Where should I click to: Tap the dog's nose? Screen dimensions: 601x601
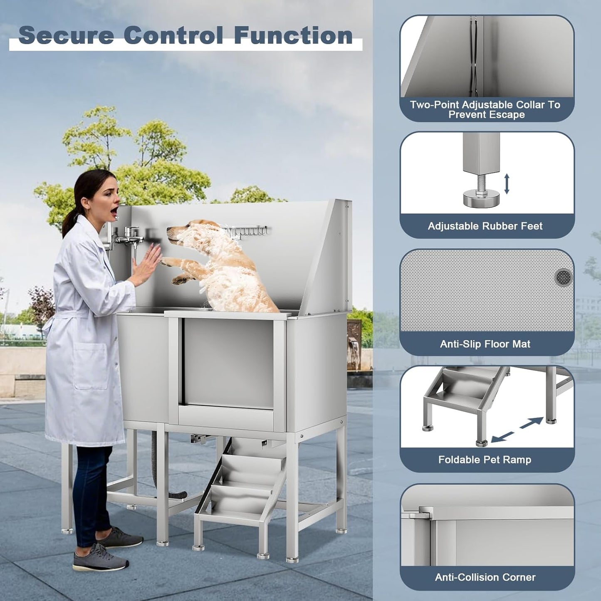coord(169,229)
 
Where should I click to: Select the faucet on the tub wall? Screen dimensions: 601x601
coord(129,238)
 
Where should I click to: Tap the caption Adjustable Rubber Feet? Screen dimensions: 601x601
coord(485,226)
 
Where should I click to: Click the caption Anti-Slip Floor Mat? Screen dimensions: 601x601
coord(485,344)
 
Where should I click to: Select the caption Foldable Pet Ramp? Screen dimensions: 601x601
coord(485,460)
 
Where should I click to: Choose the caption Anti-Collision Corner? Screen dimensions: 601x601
coord(485,577)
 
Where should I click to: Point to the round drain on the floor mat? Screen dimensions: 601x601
coord(564,277)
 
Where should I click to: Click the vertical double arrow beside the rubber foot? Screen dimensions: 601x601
coord(507,183)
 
